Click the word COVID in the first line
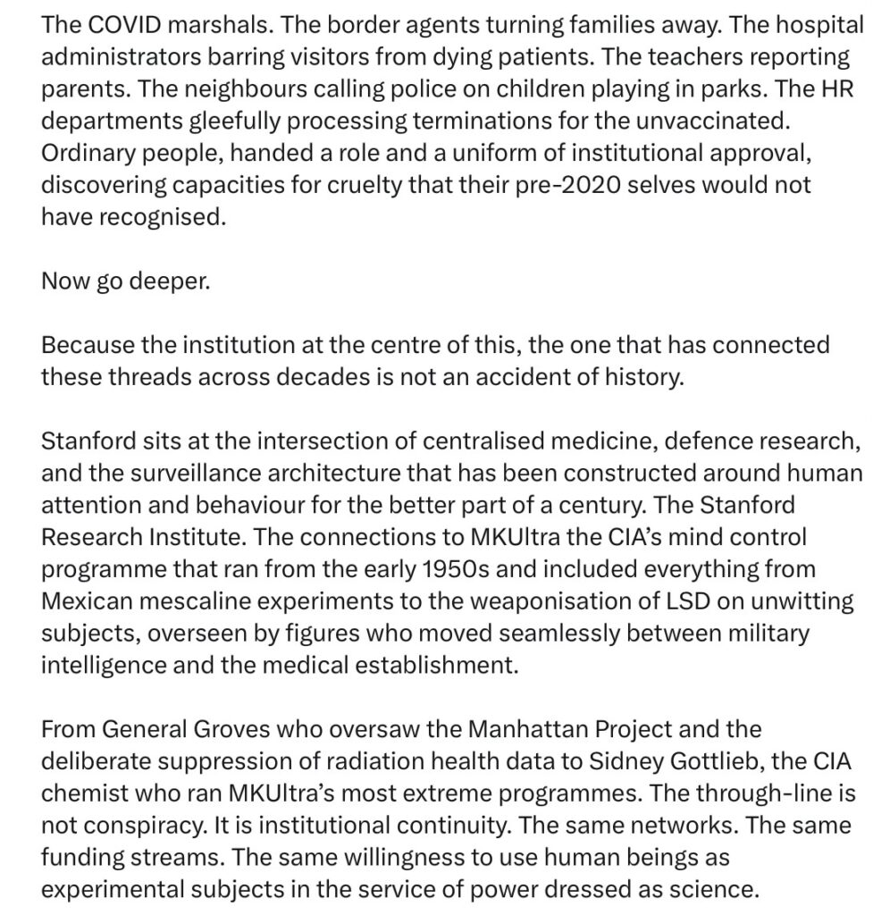coord(118,23)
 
